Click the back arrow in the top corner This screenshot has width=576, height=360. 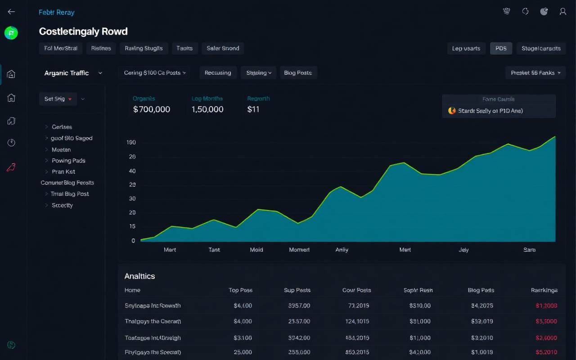(11, 12)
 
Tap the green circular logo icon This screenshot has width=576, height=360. (11, 32)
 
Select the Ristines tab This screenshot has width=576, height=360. (101, 48)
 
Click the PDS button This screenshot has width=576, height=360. (501, 48)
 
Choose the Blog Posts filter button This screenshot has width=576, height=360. (298, 72)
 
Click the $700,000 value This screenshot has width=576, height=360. (152, 109)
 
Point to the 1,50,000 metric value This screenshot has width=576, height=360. (207, 109)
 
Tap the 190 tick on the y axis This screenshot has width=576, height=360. (131, 143)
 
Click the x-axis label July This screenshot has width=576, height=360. (463, 250)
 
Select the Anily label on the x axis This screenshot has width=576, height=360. (342, 250)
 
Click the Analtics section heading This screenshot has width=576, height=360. (139, 276)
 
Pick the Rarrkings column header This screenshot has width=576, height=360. (544, 290)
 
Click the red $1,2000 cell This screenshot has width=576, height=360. (546, 306)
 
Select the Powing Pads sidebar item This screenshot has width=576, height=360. (68, 161)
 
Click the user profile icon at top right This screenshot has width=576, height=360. (562, 12)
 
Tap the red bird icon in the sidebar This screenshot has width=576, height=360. (11, 168)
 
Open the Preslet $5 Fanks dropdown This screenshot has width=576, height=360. (535, 72)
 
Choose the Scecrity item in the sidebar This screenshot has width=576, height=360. (62, 205)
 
